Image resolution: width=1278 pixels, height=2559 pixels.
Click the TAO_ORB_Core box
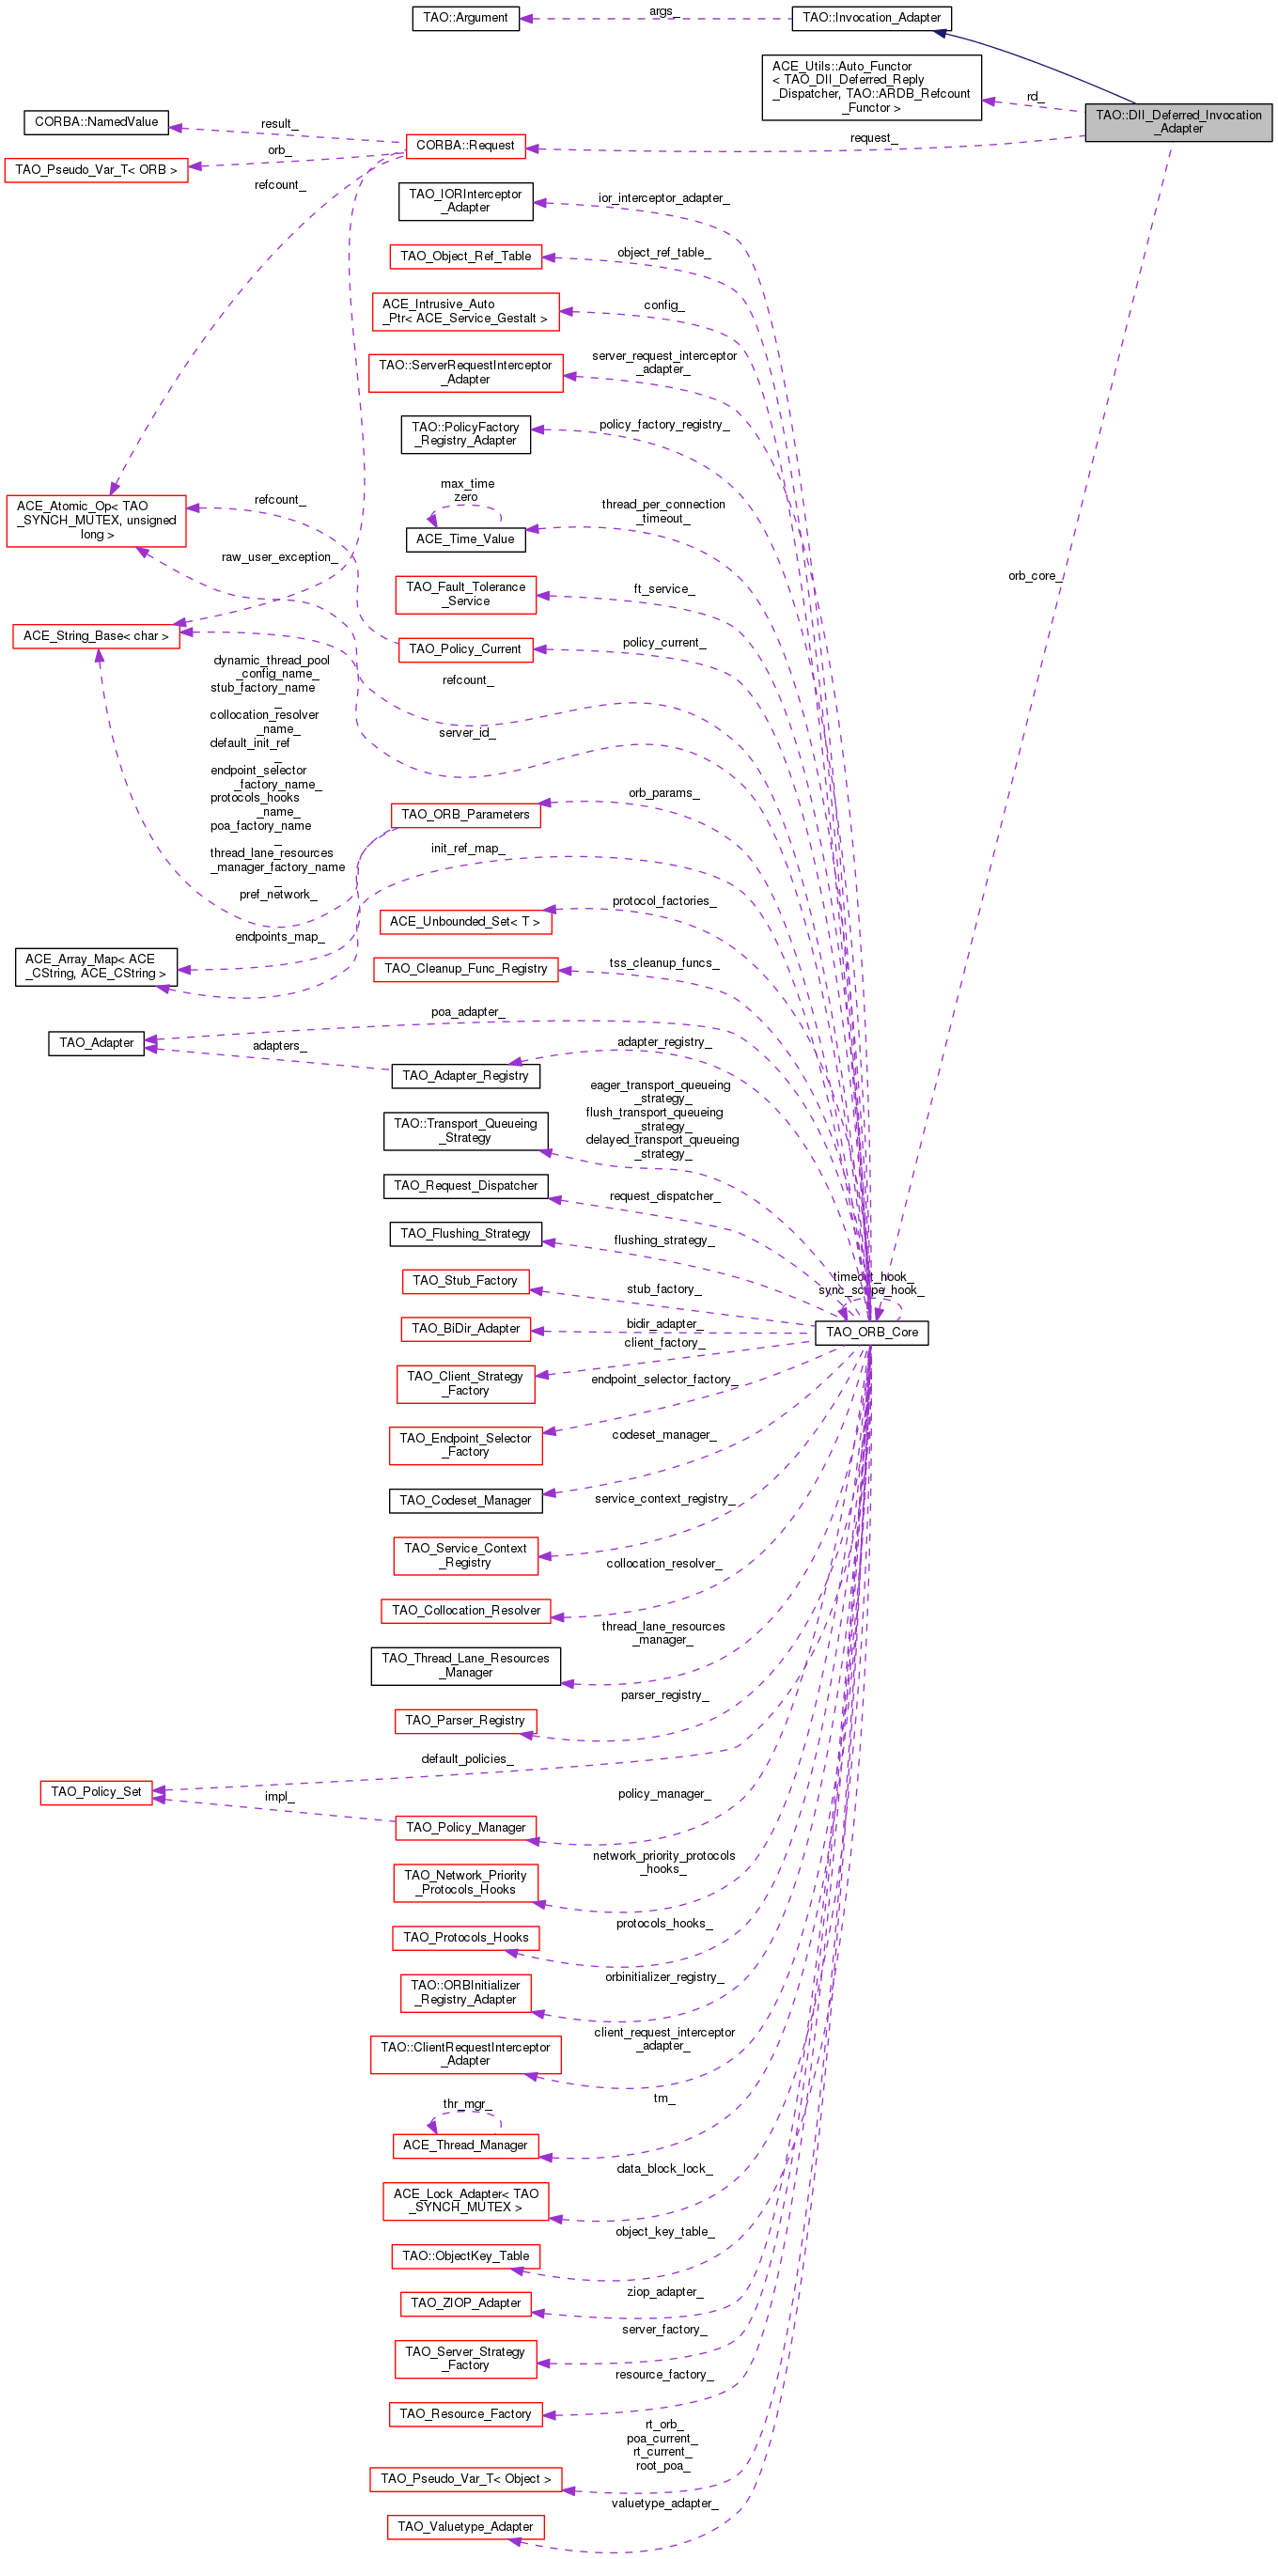pyautogui.click(x=871, y=1333)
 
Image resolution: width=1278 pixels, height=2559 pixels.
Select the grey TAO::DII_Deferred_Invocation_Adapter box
pyautogui.click(x=1177, y=122)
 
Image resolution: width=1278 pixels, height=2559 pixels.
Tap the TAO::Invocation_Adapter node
pyautogui.click(x=871, y=18)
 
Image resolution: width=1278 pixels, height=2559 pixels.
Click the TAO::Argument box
pyautogui.click(x=465, y=18)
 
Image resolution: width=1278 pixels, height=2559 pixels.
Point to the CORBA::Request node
pyautogui.click(x=465, y=146)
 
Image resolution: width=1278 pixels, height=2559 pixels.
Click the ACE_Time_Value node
pyautogui.click(x=465, y=539)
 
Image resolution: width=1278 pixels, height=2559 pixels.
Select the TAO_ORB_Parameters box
pyautogui.click(x=465, y=815)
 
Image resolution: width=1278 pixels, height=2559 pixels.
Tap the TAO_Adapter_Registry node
pyautogui.click(x=465, y=1076)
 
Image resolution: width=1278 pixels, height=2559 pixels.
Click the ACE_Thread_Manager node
pyautogui.click(x=465, y=2146)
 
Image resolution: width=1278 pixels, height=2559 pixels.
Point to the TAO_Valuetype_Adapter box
pyautogui.click(x=465, y=2526)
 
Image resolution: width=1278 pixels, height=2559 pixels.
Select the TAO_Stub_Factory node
pyautogui.click(x=465, y=1282)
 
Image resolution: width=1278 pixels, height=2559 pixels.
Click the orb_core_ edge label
pyautogui.click(x=1034, y=576)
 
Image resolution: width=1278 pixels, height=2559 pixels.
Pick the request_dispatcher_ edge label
pyautogui.click(x=664, y=1196)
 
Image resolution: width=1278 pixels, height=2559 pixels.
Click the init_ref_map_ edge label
pyautogui.click(x=467, y=849)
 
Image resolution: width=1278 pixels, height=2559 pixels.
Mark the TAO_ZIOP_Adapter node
pyautogui.click(x=465, y=2302)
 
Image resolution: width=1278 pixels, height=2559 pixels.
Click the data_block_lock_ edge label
pyautogui.click(x=663, y=2169)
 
